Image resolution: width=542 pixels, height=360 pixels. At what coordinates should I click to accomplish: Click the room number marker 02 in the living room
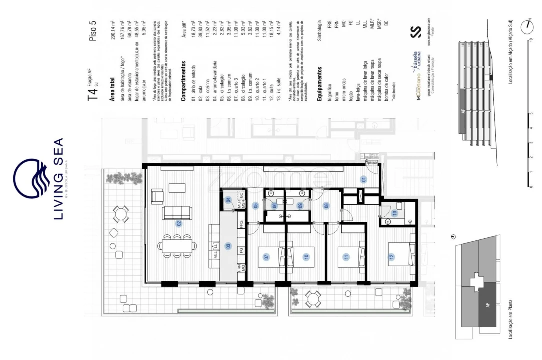(178, 223)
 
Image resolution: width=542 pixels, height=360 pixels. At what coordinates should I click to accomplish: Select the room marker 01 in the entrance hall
(364, 179)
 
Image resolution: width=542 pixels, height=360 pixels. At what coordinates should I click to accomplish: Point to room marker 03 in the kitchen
(228, 246)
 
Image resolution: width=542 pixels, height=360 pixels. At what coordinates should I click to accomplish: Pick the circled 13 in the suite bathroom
(394, 213)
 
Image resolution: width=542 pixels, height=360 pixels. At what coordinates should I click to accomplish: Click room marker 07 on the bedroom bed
(266, 256)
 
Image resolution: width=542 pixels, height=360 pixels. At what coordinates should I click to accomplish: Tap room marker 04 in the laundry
(228, 200)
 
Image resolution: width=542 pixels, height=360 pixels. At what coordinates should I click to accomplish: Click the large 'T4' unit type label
(93, 96)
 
